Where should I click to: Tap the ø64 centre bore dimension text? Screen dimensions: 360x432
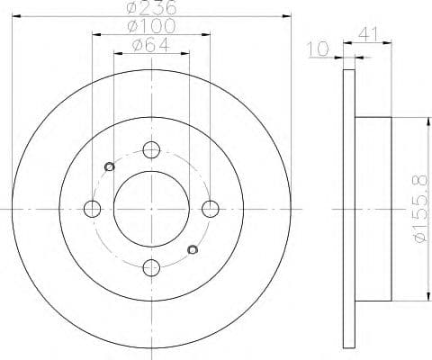click(x=149, y=48)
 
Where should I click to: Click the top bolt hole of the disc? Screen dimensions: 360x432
click(x=151, y=150)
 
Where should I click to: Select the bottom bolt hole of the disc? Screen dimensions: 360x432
click(x=151, y=267)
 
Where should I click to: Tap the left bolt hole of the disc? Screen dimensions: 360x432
click(x=92, y=209)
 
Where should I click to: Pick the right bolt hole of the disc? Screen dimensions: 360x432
click(x=211, y=209)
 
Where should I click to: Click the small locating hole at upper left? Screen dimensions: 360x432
click(x=110, y=165)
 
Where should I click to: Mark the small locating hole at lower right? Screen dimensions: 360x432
click(x=191, y=249)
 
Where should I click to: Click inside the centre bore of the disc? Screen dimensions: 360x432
click(x=151, y=209)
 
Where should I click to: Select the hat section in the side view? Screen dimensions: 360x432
click(x=373, y=209)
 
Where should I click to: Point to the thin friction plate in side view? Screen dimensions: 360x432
click(x=350, y=209)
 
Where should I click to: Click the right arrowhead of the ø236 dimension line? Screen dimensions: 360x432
click(x=289, y=14)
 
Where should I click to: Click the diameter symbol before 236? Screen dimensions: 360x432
click(x=132, y=7)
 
